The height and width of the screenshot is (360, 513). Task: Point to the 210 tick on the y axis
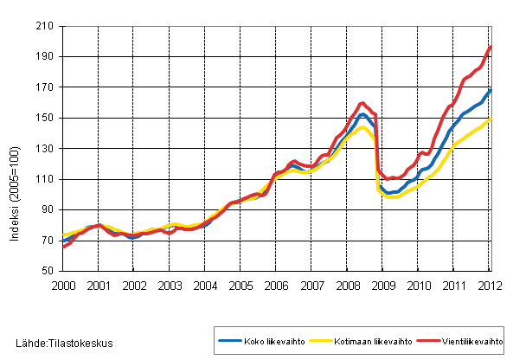[47, 27]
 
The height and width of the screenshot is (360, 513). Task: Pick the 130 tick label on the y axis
[47, 149]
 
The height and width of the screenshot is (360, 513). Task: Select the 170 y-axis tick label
[47, 87]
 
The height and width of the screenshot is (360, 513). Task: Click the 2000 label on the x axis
[63, 285]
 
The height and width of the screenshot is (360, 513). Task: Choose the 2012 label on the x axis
[490, 285]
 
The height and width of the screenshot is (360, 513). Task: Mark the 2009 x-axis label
[383, 285]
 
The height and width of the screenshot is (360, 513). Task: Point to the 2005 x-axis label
[240, 285]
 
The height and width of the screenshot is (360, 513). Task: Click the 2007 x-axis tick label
[311, 285]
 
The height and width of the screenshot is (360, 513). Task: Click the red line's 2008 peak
[362, 104]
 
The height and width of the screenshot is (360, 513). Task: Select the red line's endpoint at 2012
[491, 47]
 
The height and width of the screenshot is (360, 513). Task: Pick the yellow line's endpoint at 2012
[491, 119]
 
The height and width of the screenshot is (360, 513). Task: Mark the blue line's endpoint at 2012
[491, 89]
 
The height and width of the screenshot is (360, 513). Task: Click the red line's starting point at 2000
[63, 247]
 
